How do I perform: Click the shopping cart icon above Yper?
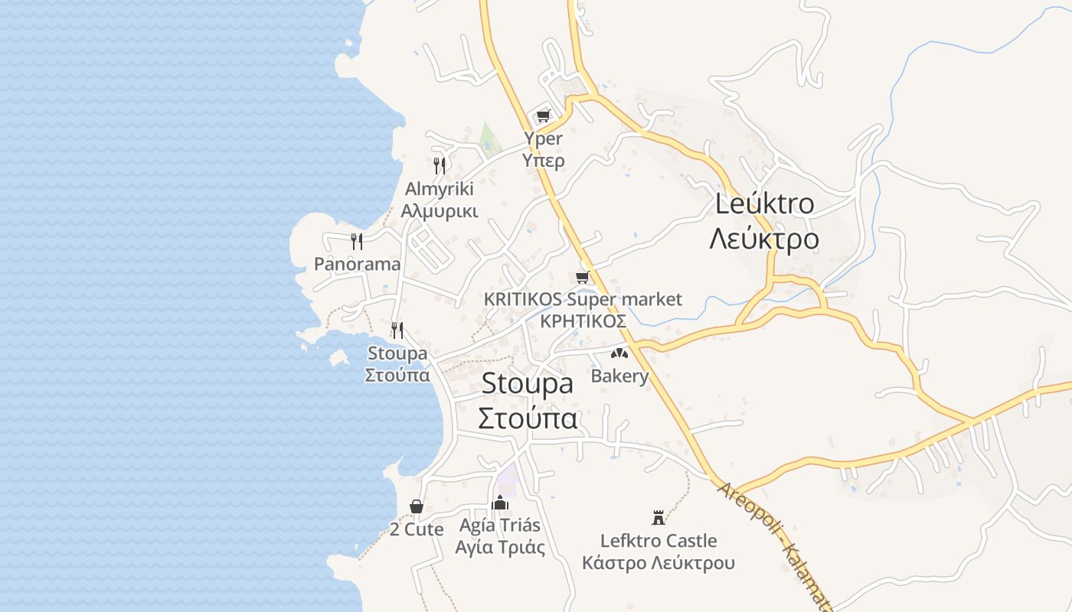point(543,116)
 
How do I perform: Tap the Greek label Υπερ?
point(543,160)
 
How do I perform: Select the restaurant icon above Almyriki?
point(440,164)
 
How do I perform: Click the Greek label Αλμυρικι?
point(440,210)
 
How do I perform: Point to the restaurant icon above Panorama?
point(357,242)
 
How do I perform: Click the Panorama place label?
point(357,264)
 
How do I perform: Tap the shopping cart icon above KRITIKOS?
point(583,277)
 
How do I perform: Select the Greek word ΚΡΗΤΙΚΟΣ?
point(583,321)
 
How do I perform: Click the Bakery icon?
point(619,353)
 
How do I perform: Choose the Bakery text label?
point(619,376)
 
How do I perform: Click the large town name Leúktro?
point(764,204)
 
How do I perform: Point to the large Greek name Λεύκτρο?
point(764,239)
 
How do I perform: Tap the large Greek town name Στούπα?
point(528,418)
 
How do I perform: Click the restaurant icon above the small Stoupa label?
point(397,330)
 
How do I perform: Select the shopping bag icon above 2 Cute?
point(417,506)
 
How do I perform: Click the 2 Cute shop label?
point(417,529)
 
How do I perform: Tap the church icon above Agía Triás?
point(500,503)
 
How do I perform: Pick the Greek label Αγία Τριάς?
point(500,547)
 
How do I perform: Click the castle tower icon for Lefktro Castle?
point(658,518)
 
